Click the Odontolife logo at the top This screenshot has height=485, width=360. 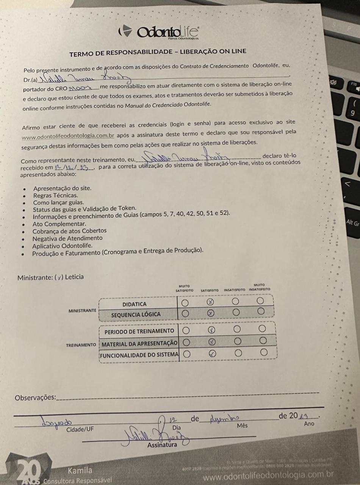[159, 32]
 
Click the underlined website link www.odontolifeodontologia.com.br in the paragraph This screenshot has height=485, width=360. [68, 136]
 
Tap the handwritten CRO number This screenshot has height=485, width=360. [79, 88]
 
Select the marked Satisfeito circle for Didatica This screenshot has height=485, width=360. [211, 302]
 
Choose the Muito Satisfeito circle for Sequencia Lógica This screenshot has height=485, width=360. [185, 313]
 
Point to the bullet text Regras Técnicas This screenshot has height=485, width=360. [55, 196]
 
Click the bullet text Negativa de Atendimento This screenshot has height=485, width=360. [67, 238]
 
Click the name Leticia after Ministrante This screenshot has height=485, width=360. [74, 277]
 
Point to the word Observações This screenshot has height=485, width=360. [35, 398]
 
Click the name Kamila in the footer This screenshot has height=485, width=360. [80, 471]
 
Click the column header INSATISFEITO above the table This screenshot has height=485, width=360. [235, 290]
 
